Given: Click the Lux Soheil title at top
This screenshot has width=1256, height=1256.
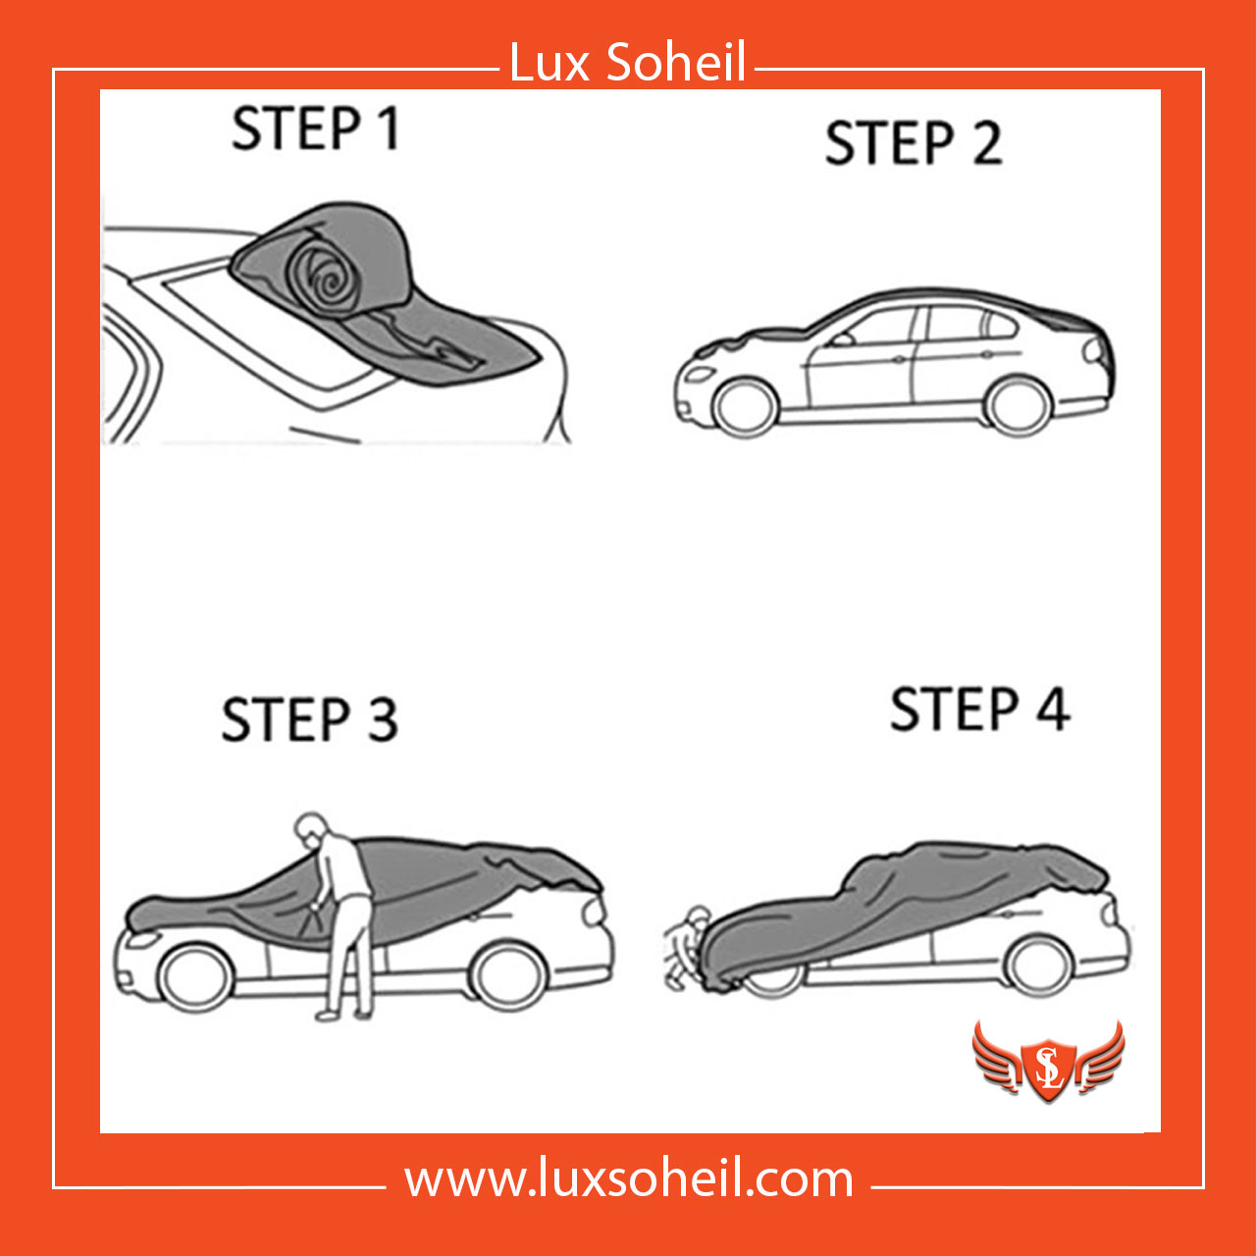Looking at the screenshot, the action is [627, 63].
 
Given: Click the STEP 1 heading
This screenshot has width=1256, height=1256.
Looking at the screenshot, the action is [315, 129].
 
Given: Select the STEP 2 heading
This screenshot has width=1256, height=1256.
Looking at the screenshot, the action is [914, 142].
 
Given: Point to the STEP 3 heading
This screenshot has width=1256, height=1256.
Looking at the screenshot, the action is [310, 719].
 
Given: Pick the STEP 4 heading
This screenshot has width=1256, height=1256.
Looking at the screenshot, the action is [979, 709].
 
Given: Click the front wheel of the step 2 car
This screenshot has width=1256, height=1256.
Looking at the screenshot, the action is [746, 407].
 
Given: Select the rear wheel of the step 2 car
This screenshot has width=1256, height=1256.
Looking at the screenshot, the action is [1018, 405].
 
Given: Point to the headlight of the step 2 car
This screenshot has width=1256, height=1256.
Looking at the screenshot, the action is [700, 374].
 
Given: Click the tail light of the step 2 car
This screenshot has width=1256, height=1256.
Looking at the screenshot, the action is [1093, 351].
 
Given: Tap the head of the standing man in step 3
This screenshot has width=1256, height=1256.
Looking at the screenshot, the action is [311, 828].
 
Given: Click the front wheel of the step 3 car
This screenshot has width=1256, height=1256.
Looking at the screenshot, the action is [195, 977].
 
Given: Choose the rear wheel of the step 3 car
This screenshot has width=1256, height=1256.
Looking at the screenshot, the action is [507, 975].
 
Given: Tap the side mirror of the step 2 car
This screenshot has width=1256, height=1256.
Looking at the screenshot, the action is [842, 340].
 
